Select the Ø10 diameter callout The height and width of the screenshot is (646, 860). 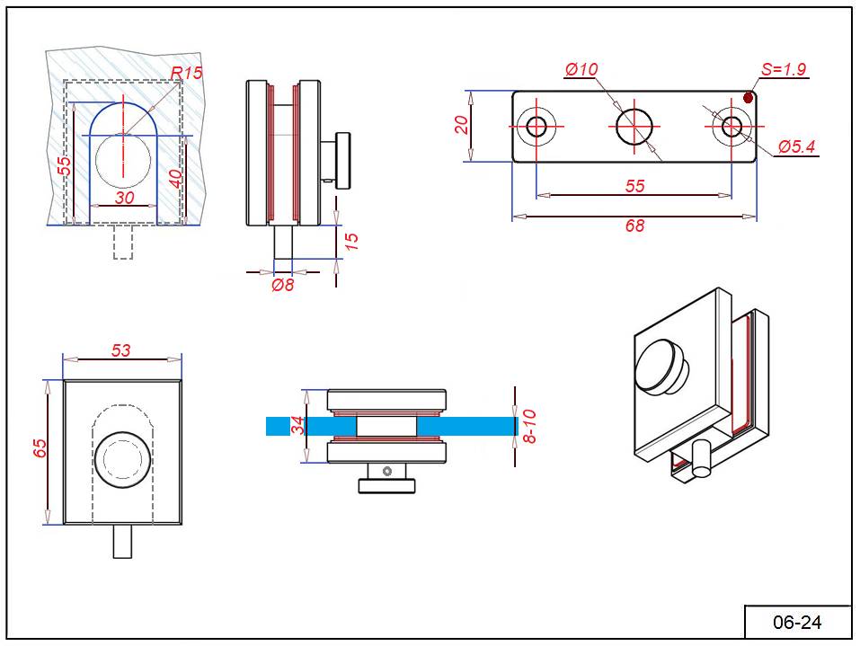point(581,69)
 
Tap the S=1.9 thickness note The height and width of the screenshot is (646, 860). point(784,69)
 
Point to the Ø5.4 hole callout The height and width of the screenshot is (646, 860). point(796,146)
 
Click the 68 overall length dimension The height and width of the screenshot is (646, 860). point(634,226)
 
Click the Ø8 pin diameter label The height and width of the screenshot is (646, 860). point(283,285)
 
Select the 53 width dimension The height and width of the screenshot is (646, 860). point(121,350)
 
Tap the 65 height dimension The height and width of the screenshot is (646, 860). point(40,449)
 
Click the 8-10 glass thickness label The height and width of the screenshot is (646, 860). point(529,426)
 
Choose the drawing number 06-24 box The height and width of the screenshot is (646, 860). point(797,622)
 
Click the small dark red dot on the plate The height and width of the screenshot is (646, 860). point(748,97)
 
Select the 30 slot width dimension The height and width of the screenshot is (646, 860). point(124,198)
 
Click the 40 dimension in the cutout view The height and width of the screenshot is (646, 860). point(176,178)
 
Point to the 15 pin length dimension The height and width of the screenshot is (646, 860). point(351,241)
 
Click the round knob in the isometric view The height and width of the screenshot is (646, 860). point(661,366)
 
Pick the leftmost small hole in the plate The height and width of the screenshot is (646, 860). point(537,126)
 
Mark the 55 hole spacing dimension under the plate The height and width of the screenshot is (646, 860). point(634,186)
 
